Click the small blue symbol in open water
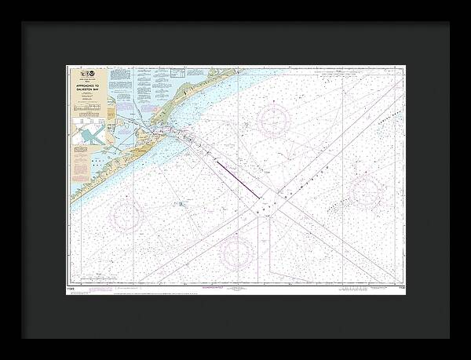[x=180, y=204]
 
